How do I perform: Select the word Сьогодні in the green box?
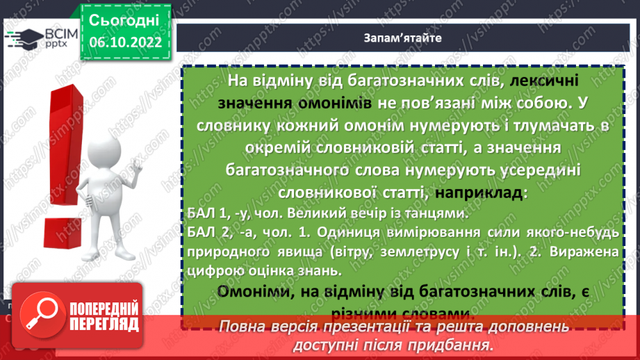tap(124, 19)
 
